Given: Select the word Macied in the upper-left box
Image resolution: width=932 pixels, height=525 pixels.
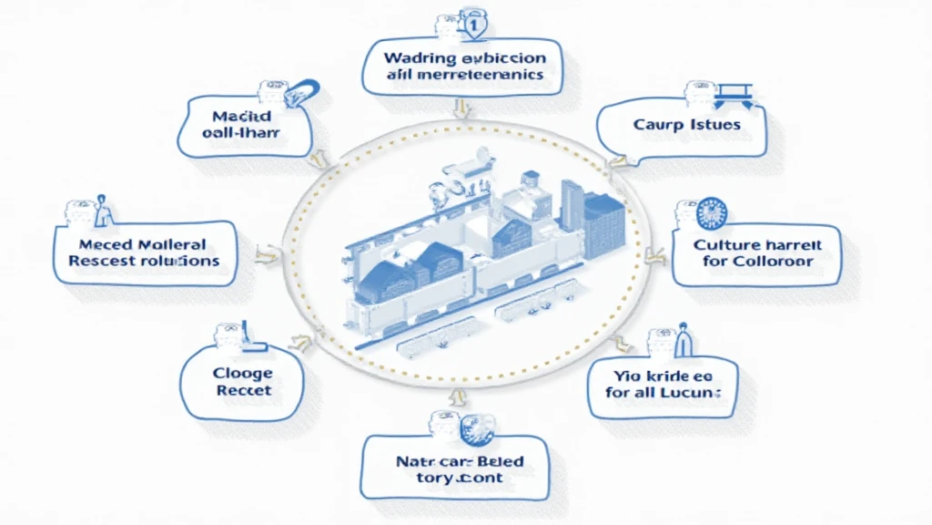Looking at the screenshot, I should pos(237,117).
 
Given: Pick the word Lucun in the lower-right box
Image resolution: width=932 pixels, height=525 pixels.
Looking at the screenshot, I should pos(694,392).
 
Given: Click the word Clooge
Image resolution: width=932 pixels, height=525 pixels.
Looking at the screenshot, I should pos(243,372).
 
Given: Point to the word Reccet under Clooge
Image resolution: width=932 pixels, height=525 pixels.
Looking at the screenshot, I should pos(243,390).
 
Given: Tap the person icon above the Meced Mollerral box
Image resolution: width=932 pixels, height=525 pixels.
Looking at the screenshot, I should pos(102,211).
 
